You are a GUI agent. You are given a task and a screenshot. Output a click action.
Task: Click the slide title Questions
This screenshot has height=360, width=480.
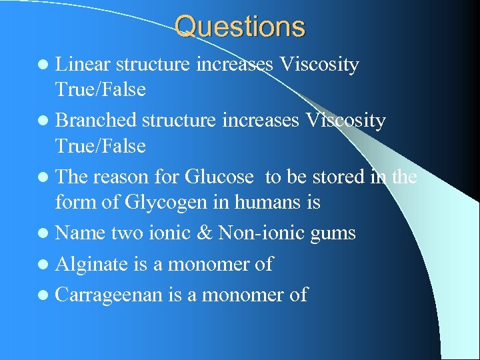click(240, 27)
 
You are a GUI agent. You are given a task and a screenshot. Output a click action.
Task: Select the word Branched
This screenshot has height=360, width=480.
click(97, 121)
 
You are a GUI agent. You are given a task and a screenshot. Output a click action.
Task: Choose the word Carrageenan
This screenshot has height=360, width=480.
click(108, 295)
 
